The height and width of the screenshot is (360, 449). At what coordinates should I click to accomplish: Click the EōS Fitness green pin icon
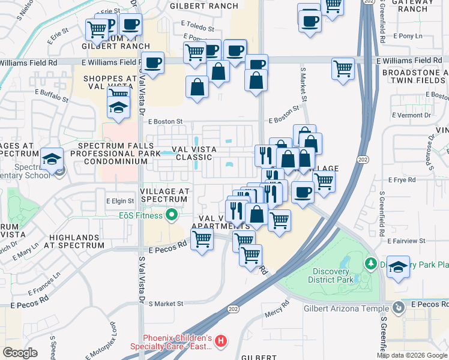(172, 215)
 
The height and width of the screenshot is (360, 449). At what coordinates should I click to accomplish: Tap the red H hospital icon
(221, 341)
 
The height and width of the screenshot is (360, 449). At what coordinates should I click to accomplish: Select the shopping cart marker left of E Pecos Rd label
(202, 240)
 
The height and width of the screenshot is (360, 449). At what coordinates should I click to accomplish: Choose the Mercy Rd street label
(277, 314)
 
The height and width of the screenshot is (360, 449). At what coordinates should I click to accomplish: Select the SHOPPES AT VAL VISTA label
(110, 82)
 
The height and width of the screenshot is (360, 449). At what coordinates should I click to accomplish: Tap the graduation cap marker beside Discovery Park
(399, 266)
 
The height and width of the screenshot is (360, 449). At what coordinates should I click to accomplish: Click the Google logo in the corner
(20, 353)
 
